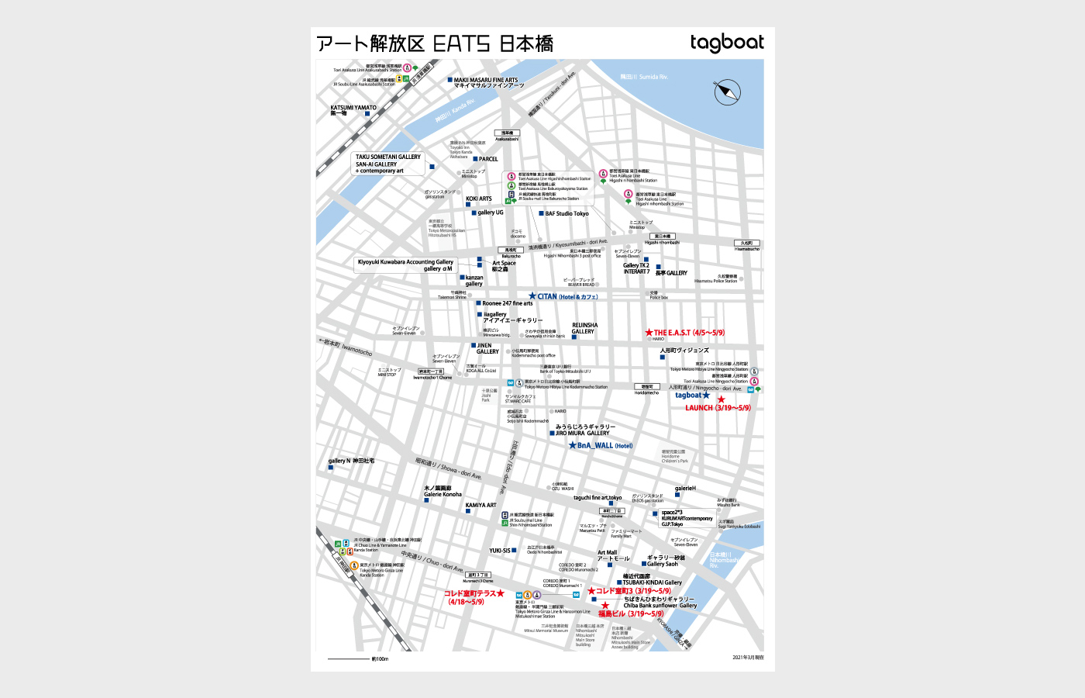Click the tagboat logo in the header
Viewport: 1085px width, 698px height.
[726, 43]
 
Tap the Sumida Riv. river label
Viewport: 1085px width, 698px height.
[643, 77]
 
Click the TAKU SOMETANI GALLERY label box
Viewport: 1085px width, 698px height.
[388, 164]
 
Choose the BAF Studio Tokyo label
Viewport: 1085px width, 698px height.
[567, 213]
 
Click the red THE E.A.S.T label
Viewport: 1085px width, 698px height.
[688, 333]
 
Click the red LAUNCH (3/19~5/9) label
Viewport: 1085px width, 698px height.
[718, 408]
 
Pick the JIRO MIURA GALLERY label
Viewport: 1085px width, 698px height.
[585, 430]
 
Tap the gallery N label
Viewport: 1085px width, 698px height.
[351, 461]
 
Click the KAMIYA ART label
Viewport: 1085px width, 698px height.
[480, 505]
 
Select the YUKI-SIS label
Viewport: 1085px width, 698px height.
[500, 551]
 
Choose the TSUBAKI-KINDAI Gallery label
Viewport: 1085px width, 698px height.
[652, 582]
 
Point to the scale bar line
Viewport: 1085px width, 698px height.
[348, 659]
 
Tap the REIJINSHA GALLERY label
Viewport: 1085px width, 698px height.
[584, 328]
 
